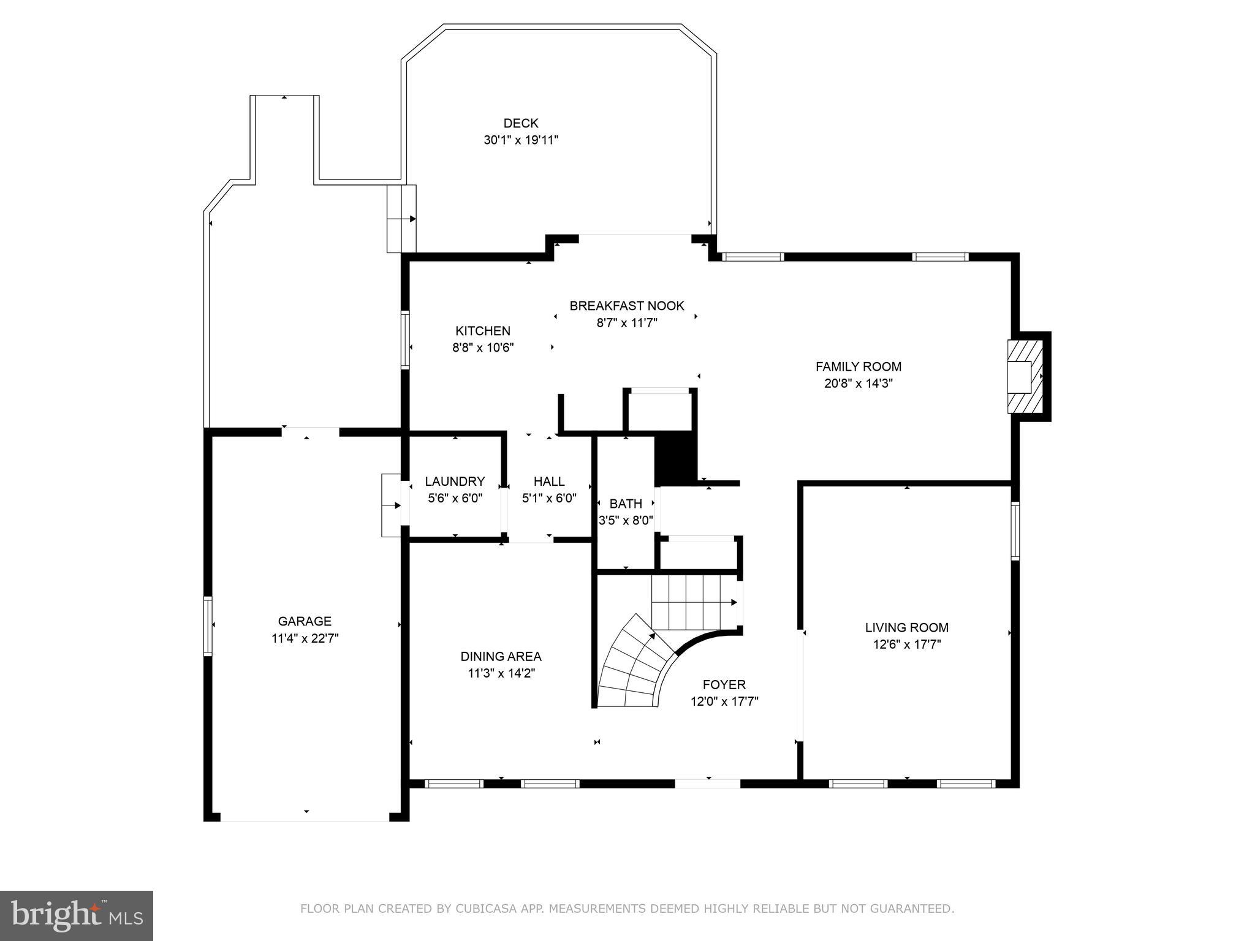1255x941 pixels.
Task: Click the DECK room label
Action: pyautogui.click(x=520, y=123)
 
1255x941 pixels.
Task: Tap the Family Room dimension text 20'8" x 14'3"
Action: pyautogui.click(x=858, y=384)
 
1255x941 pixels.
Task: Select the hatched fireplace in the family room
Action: pyautogui.click(x=1025, y=377)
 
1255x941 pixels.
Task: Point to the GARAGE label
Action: pyautogui.click(x=305, y=621)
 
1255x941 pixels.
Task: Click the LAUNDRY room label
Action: pyautogui.click(x=455, y=482)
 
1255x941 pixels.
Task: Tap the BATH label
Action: pyautogui.click(x=626, y=504)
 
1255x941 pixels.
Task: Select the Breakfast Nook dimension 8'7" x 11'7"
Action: pyautogui.click(x=626, y=323)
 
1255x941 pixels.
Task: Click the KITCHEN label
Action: pyautogui.click(x=482, y=331)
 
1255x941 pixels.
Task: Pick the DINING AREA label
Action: pyautogui.click(x=501, y=656)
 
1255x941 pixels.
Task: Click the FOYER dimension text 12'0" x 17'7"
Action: pyautogui.click(x=724, y=701)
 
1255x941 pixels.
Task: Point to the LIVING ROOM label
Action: pyautogui.click(x=906, y=627)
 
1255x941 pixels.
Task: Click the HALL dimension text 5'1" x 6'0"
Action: pyautogui.click(x=548, y=498)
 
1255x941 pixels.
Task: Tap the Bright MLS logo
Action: pyautogui.click(x=77, y=915)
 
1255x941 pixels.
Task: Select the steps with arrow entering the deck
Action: pyautogui.click(x=401, y=219)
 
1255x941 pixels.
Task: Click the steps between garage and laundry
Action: pyautogui.click(x=391, y=505)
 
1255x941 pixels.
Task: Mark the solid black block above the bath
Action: pyautogui.click(x=676, y=457)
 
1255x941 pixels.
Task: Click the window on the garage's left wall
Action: pyautogui.click(x=208, y=625)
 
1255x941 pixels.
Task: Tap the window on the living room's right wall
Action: pyautogui.click(x=1015, y=531)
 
